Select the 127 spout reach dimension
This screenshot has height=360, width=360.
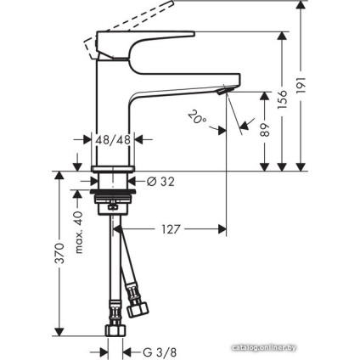(170, 228)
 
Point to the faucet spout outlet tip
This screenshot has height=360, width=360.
(224, 89)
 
